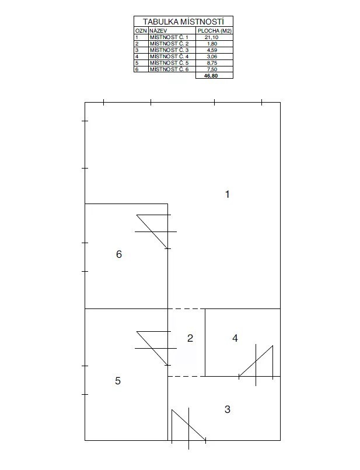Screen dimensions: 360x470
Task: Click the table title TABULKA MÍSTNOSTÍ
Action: pos(183,22)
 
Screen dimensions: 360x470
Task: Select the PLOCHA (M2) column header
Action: pos(215,30)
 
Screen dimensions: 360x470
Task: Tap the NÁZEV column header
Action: pos(158,30)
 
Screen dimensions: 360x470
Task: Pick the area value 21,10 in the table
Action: pos(211,37)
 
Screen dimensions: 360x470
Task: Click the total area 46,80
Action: pos(211,76)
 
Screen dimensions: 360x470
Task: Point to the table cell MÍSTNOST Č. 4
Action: pos(169,57)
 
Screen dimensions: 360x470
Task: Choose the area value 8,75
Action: pos(212,63)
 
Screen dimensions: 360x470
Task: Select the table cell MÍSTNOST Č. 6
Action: pos(169,69)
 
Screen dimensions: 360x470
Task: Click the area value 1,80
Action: pos(212,44)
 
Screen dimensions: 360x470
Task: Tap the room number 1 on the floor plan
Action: pos(228,194)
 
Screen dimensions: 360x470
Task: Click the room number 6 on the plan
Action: pos(119,254)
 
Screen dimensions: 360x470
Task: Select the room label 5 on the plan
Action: pos(118,381)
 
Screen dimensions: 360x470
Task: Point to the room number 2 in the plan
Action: pos(190,338)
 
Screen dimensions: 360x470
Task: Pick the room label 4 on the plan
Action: pos(235,338)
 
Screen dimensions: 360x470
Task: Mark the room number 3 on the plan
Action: pos(228,409)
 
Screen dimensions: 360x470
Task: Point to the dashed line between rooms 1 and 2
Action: pos(186,308)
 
